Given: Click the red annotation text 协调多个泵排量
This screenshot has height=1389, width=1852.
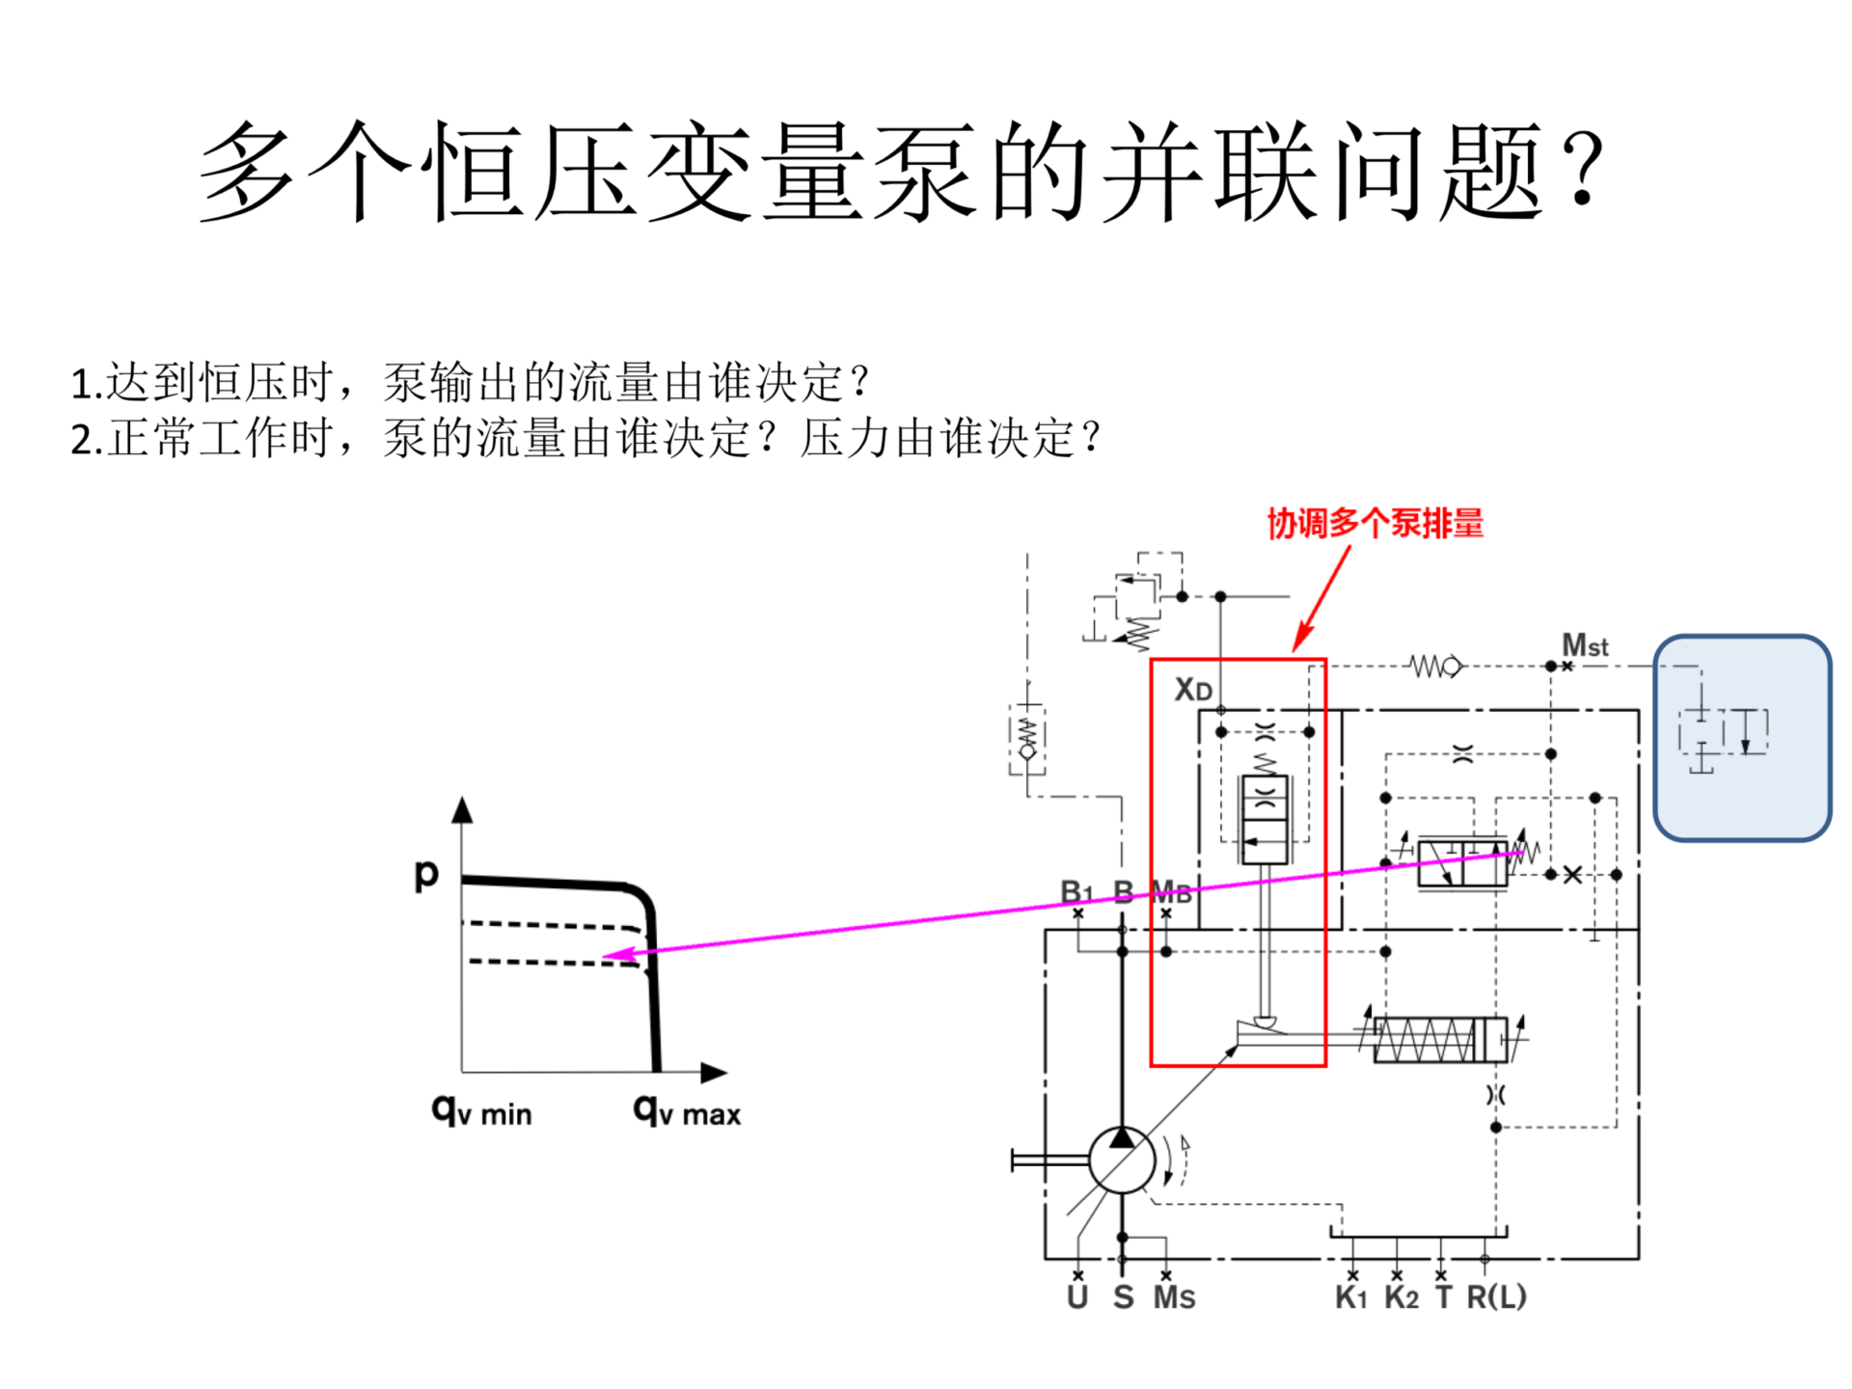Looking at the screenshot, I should [1375, 524].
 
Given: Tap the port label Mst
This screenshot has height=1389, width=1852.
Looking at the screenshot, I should [1585, 644].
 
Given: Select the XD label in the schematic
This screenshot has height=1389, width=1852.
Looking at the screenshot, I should [1192, 690].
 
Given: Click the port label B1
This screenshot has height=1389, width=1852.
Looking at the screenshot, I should [1076, 891].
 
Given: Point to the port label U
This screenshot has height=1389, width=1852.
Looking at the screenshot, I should [1077, 1297].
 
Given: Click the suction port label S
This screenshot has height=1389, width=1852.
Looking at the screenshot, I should [1123, 1297].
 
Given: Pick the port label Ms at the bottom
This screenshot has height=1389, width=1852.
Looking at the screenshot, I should [1174, 1297].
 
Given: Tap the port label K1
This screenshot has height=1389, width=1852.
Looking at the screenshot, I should [1350, 1297].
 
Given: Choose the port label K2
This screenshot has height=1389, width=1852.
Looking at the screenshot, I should [1401, 1297].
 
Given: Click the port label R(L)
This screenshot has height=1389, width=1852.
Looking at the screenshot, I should [1496, 1297].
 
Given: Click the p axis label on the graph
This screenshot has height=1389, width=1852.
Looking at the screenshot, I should [426, 873].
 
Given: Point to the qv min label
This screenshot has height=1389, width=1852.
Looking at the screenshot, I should [481, 1112].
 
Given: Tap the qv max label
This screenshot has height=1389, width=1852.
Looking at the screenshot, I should [687, 1112].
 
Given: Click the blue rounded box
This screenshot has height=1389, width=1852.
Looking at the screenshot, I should [1742, 738].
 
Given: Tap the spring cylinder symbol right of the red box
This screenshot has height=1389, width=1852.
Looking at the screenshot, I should [1440, 1040].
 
